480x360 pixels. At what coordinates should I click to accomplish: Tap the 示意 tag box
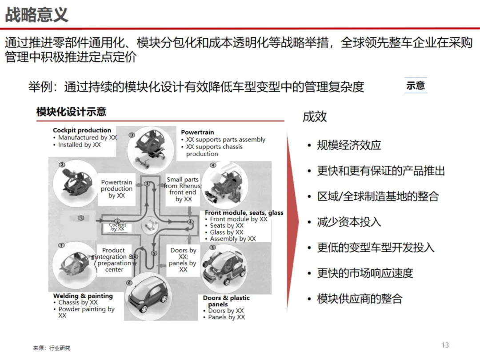(416, 85)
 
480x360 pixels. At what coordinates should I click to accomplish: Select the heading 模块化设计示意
(71, 112)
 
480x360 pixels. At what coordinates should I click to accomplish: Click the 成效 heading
(315, 117)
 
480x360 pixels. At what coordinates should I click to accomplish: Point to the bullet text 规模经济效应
(349, 145)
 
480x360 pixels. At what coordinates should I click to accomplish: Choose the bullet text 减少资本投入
(349, 222)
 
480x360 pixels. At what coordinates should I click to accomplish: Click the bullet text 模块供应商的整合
(360, 299)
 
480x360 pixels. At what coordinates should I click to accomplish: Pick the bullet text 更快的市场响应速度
(365, 273)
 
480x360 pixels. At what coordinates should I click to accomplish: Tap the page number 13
(445, 345)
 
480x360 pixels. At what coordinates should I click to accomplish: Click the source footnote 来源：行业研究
(52, 348)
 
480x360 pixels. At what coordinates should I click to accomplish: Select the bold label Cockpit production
(82, 130)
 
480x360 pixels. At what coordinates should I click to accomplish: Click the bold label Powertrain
(197, 132)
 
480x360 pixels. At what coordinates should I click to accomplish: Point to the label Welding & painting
(83, 296)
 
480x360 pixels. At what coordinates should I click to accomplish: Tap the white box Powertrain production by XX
(116, 189)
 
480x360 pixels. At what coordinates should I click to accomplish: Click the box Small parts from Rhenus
(183, 189)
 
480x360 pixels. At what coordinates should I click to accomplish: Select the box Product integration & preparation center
(114, 260)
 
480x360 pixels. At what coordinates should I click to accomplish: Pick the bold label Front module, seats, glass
(244, 213)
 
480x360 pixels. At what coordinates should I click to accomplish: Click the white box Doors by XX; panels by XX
(183, 260)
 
